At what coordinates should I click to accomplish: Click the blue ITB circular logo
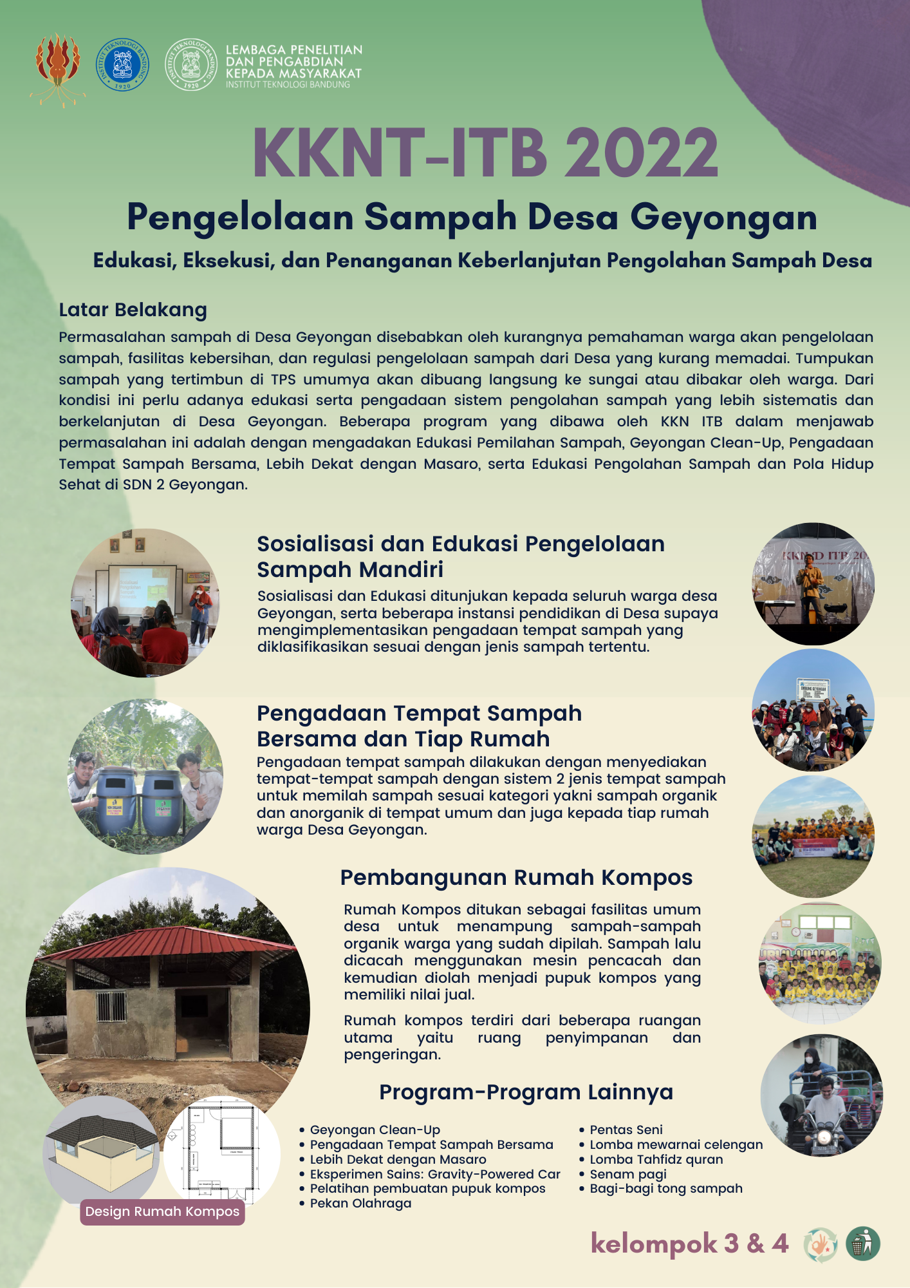point(122,64)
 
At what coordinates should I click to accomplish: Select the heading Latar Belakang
point(133,310)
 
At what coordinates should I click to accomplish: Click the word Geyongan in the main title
point(723,217)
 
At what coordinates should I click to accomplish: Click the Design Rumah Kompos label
point(162,1211)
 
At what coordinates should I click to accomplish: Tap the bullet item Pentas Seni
point(626,1130)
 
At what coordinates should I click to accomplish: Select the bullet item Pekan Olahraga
point(360,1203)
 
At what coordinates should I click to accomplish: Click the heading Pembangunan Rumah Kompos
point(516,877)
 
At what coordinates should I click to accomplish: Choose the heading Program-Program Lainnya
point(526,1092)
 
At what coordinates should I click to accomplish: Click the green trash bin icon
point(862,1244)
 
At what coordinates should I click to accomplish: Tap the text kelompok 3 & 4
point(689,1243)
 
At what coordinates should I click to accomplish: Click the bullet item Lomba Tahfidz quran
point(656,1159)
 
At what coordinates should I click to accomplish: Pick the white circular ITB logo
point(191,64)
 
